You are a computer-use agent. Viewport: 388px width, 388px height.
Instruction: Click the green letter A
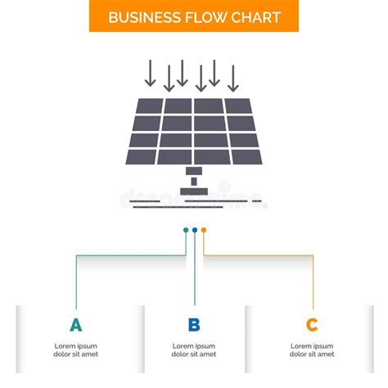tap(76, 325)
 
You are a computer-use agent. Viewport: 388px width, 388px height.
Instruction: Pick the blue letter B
tap(194, 325)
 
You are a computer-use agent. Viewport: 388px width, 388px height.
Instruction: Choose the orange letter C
tap(312, 325)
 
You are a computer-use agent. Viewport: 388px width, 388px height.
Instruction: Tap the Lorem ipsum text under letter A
tap(76, 350)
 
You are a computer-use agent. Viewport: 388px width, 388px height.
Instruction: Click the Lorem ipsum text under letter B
tap(194, 350)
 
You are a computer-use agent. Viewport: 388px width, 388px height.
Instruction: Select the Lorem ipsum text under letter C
tap(312, 350)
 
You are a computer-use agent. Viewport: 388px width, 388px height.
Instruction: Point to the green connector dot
tap(186, 230)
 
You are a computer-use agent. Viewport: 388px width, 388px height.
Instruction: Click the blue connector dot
tap(195, 230)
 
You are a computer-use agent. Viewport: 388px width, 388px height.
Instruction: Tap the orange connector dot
tap(204, 230)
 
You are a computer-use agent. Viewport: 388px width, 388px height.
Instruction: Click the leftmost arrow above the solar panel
tap(149, 74)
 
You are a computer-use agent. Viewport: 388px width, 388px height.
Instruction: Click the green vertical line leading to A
tap(76, 278)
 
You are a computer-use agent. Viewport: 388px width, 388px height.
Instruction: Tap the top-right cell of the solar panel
tap(238, 106)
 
